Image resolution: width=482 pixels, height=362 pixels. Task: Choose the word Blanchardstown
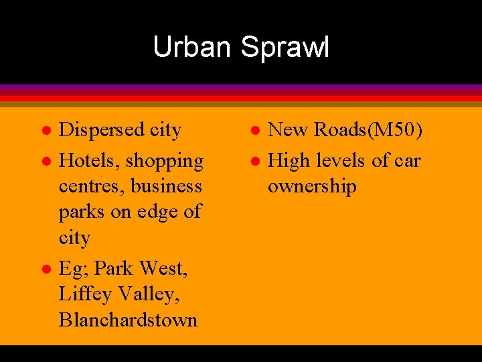(128, 320)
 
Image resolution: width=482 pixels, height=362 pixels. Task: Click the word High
(287, 162)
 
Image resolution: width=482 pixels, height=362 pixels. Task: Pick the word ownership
(312, 186)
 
